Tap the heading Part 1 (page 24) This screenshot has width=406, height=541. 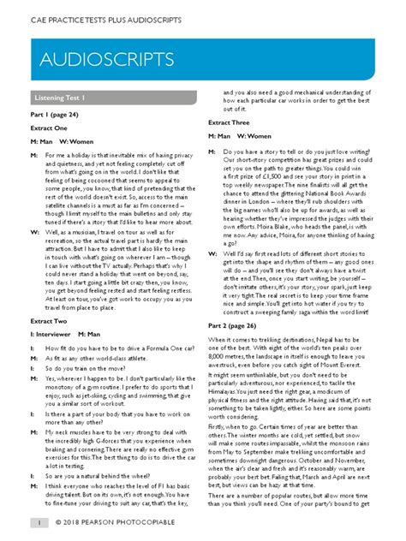point(59,115)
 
